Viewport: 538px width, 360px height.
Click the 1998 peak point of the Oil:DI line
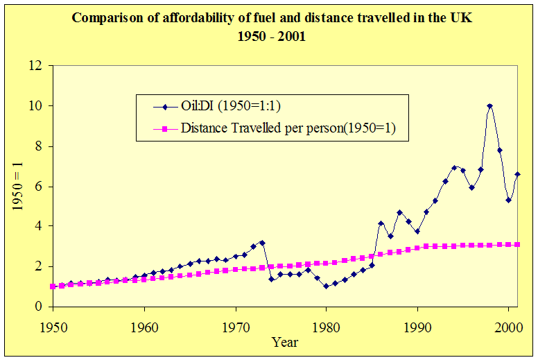point(490,106)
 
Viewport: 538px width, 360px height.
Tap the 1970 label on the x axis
point(236,325)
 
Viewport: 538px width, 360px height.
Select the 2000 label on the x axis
point(508,325)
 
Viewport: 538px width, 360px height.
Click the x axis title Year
point(285,342)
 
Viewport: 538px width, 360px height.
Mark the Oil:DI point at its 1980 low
point(326,286)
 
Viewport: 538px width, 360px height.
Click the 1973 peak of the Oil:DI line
point(262,243)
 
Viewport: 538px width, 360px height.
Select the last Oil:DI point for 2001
point(517,174)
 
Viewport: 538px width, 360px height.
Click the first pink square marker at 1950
point(53,286)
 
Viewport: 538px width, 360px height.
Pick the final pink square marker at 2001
point(517,245)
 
